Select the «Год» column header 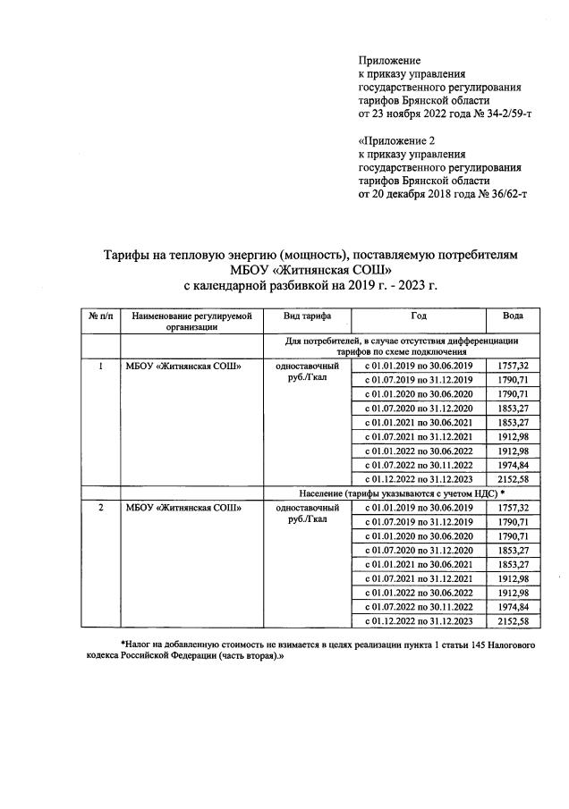(x=419, y=316)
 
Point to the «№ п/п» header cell (x=99, y=316)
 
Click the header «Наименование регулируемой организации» (x=191, y=321)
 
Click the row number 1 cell (x=100, y=366)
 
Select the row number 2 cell (x=100, y=508)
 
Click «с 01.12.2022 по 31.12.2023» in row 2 (x=419, y=620)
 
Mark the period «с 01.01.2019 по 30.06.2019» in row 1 (x=419, y=366)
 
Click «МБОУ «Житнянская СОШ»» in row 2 (x=183, y=508)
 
